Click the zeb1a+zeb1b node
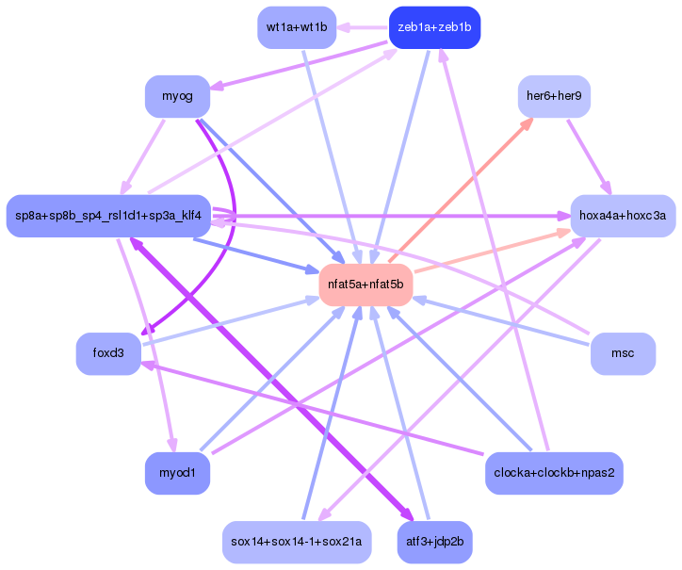[x=434, y=27]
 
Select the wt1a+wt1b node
[x=296, y=27]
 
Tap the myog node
[x=176, y=97]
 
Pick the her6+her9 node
[x=554, y=97]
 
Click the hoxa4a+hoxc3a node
[x=622, y=216]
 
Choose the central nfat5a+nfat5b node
[x=365, y=285]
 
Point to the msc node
[x=622, y=353]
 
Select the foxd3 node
[x=108, y=353]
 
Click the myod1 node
[x=177, y=472]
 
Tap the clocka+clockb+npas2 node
[x=553, y=472]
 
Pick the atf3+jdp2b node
[x=434, y=542]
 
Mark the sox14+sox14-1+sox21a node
[x=296, y=542]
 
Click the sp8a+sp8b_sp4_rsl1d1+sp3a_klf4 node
[x=108, y=216]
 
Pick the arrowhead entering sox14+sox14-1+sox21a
[x=323, y=514]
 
